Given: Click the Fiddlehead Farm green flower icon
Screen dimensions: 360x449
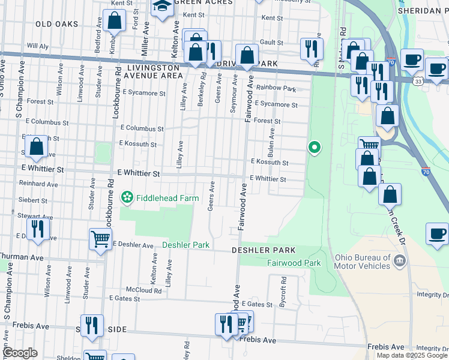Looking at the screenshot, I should pos(127,196).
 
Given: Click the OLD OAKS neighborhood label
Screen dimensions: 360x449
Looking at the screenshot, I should pos(57,24).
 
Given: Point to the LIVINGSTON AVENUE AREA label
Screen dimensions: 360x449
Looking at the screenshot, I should pos(154,72).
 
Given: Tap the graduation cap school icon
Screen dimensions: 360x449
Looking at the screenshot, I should pos(162,9).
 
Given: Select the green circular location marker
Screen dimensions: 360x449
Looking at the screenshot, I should pos(313,146).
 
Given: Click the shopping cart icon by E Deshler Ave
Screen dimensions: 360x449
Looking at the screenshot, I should pos(100,239).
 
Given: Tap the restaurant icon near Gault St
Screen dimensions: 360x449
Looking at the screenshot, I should pos(311,49).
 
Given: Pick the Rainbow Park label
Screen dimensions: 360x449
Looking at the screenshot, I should pos(276,88).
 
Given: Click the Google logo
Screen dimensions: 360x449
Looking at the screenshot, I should pos(20,353).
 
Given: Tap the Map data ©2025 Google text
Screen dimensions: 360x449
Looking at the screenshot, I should pos(412,355).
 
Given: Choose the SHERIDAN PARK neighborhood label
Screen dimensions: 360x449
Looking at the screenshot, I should pos(423,11).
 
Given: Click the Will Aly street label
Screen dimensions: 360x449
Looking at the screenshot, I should pos(38,46).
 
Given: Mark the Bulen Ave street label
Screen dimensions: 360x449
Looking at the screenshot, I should pos(272,141).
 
